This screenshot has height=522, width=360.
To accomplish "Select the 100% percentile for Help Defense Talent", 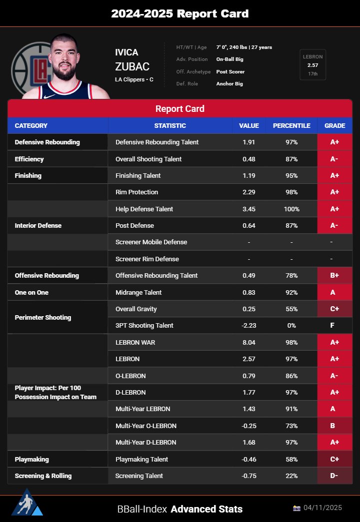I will coord(291,209).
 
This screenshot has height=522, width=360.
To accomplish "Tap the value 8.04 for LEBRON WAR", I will coord(249,342).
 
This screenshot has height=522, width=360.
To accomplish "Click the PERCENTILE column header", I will coord(291,125).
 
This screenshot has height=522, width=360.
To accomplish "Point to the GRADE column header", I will coord(334,125).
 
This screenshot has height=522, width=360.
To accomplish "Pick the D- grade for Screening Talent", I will coord(334,476).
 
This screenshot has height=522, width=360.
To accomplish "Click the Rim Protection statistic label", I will coord(136,192).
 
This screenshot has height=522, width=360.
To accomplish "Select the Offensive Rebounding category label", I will coord(46,276).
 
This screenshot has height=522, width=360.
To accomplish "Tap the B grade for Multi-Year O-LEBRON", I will coord(334,426).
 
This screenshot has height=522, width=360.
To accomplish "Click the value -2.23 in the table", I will coord(249,326).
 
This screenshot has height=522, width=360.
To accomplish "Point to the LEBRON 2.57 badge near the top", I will coord(312,65).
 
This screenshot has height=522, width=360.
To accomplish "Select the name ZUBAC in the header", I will coord(132,67).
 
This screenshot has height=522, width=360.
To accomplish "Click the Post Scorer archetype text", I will coord(230,71).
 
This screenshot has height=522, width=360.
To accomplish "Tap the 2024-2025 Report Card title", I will coord(179,13).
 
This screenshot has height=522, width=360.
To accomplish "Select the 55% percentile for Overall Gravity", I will coord(291,309).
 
